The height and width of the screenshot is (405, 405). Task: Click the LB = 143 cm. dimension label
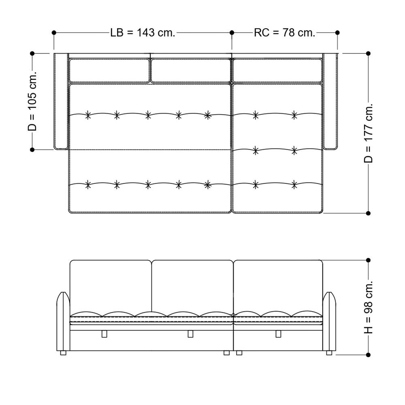[x=143, y=33]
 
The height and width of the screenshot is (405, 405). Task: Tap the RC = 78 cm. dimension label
[x=285, y=33]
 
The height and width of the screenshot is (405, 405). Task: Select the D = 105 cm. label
[x=32, y=101]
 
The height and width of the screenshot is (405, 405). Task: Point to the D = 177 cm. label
[x=368, y=133]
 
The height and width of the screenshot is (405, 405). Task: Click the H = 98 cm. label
[x=368, y=307]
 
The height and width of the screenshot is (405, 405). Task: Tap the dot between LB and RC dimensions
[x=232, y=32]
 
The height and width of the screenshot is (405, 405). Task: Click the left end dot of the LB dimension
[x=54, y=32]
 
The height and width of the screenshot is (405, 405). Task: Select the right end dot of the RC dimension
[x=337, y=32]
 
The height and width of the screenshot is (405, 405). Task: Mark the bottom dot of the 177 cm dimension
[x=368, y=213]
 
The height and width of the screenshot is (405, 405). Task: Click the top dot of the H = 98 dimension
[x=368, y=260]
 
